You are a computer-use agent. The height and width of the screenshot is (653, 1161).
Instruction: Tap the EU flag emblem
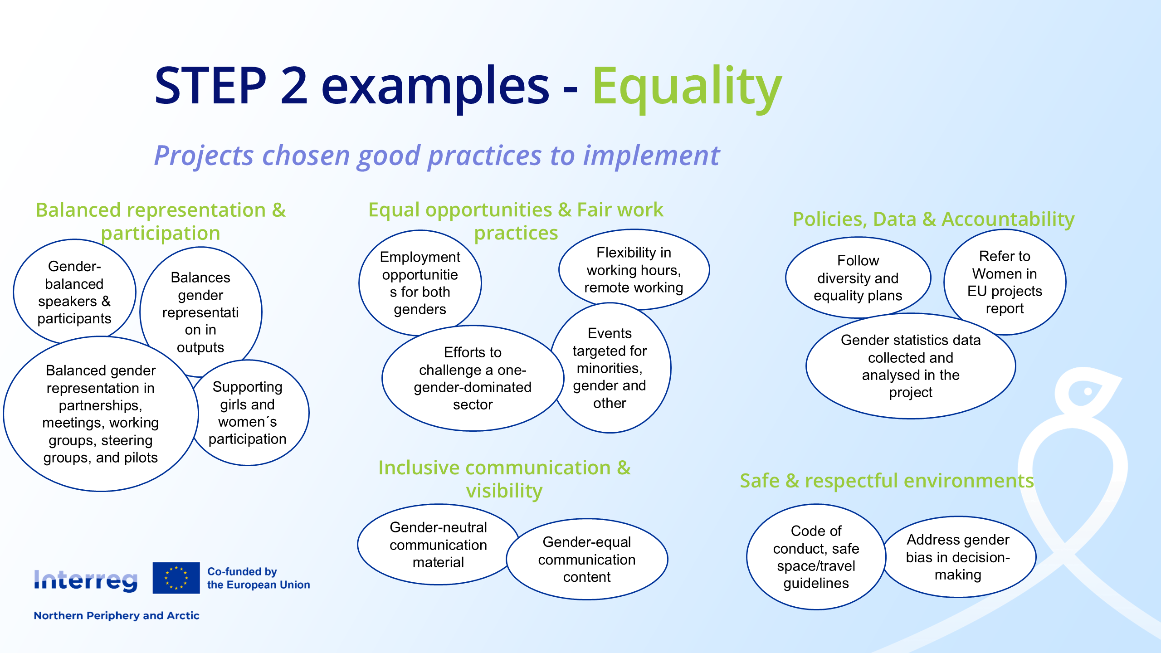pyautogui.click(x=176, y=578)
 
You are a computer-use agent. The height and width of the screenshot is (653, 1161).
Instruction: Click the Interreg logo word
pyautogui.click(x=86, y=580)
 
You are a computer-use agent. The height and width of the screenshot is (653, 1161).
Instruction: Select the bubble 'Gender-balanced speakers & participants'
pyautogui.click(x=74, y=292)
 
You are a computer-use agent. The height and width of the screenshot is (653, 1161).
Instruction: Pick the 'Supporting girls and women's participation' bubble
pyautogui.click(x=248, y=413)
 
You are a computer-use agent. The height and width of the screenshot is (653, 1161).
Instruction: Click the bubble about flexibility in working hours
pyautogui.click(x=634, y=270)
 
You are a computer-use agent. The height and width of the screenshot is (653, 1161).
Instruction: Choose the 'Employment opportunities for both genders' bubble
pyautogui.click(x=420, y=283)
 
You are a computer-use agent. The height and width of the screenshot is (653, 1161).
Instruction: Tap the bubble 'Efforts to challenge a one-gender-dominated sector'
pyautogui.click(x=473, y=378)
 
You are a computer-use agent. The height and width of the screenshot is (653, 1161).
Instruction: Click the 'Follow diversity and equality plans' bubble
pyautogui.click(x=858, y=278)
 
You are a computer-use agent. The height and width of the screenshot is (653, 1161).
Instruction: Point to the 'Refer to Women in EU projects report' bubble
pyautogui.click(x=1005, y=282)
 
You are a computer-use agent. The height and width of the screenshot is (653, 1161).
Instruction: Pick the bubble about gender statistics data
pyautogui.click(x=911, y=366)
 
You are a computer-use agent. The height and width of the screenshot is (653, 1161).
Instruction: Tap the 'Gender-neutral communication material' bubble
pyautogui.click(x=438, y=545)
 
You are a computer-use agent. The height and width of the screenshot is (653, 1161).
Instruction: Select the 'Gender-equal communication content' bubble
pyautogui.click(x=587, y=559)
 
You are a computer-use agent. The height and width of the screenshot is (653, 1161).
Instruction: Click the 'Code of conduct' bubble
pyautogui.click(x=816, y=557)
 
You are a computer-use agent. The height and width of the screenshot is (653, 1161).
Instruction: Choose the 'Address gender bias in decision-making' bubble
pyautogui.click(x=958, y=557)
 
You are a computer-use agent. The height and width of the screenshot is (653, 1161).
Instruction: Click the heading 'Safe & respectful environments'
pyautogui.click(x=887, y=481)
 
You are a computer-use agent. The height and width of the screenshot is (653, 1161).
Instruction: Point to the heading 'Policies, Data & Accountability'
pyautogui.click(x=933, y=219)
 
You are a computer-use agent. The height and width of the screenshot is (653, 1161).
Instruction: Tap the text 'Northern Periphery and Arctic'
pyautogui.click(x=117, y=615)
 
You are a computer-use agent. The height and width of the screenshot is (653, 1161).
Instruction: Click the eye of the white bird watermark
pyautogui.click(x=1088, y=391)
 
